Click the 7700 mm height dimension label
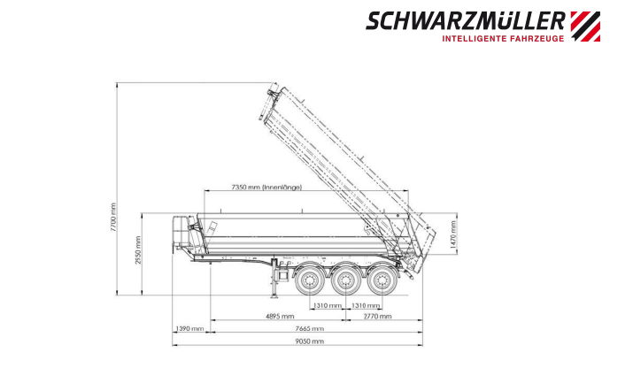click(113, 217)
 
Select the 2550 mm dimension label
click(138, 250)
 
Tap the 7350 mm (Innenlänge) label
click(266, 188)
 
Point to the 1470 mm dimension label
click(453, 234)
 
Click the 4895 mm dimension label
click(280, 317)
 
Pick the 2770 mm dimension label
click(377, 317)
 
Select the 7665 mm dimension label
click(310, 329)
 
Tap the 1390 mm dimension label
click(189, 329)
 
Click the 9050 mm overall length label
click(310, 341)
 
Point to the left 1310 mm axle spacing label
click(328, 305)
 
